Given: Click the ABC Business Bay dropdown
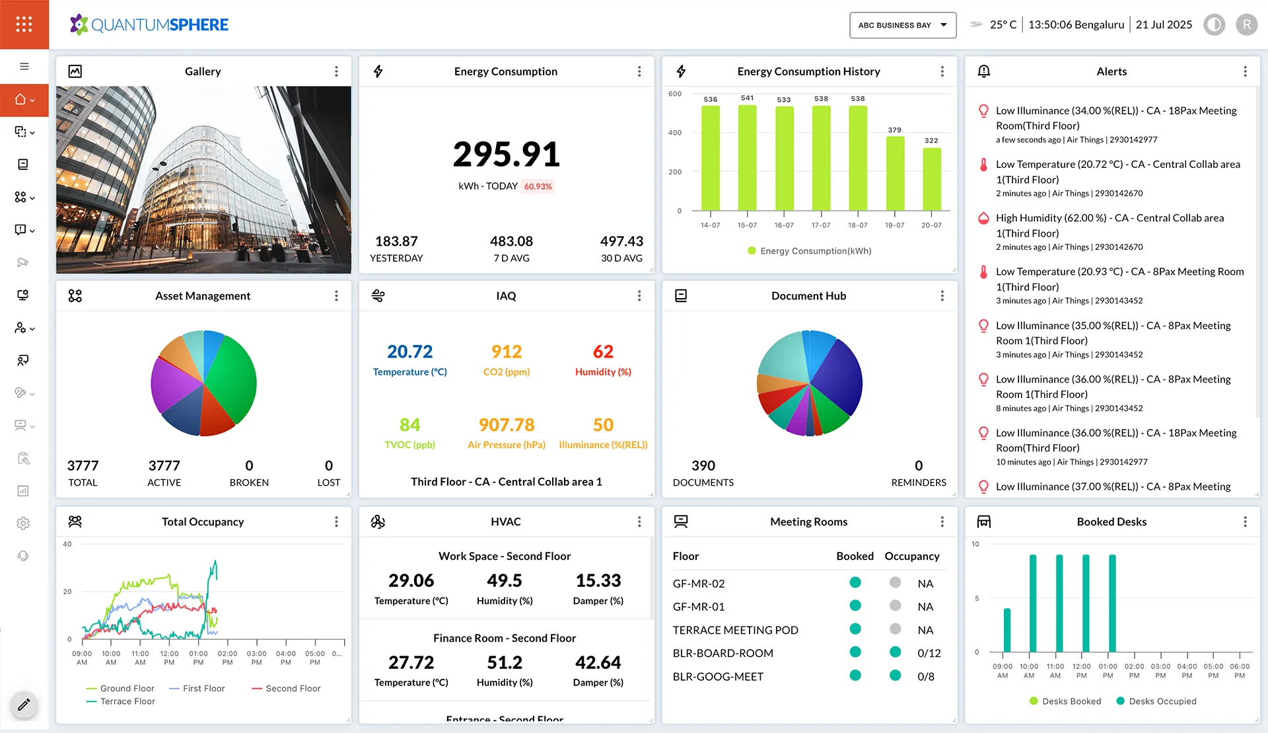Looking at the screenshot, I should point(902,25).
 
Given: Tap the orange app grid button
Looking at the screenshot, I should point(24,24).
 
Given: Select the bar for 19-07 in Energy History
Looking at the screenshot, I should point(895,173).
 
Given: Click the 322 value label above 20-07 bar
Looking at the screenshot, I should point(931,141).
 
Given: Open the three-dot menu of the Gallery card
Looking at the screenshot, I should point(336,71).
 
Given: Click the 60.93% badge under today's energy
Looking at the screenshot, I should point(538,186).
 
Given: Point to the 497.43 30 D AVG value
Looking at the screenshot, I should point(621,241).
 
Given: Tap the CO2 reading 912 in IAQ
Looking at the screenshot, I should point(507,352).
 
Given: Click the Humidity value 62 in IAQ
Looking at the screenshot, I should point(603,352).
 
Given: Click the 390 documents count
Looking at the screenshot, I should point(703,465).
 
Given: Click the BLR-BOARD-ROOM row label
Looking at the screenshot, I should point(722,653).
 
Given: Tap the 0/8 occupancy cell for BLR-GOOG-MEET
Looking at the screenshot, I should point(926,677).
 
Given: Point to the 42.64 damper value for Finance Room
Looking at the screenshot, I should point(598,662).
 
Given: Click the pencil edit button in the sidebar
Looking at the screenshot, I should point(24,705).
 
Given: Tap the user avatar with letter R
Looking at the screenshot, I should point(1246,25).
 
